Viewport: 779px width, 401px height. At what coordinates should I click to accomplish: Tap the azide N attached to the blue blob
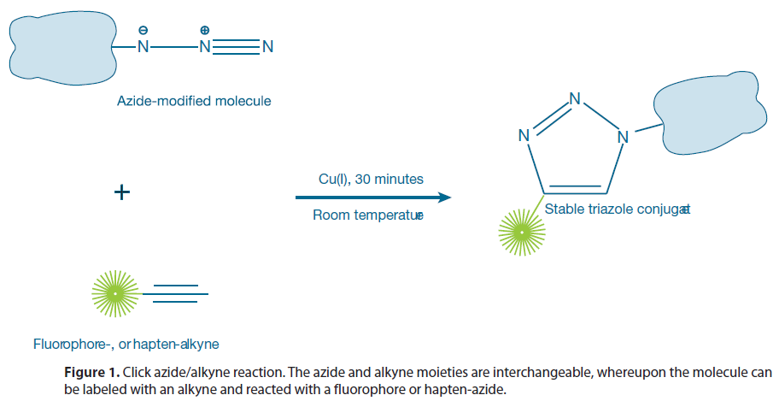pos(143,46)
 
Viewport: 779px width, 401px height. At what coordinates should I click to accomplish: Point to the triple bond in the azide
pos(236,46)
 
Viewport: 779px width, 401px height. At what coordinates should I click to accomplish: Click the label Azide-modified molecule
pos(194,101)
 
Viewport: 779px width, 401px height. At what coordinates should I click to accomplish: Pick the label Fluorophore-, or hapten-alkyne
pos(126,345)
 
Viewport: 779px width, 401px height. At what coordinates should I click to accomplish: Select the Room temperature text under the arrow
pos(367,215)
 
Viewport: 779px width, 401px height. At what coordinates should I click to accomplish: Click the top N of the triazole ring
pos(575,98)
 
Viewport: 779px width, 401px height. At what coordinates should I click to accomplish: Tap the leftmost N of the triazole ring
pos(524,135)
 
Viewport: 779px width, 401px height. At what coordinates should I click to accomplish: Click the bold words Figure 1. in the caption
pos(92,373)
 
